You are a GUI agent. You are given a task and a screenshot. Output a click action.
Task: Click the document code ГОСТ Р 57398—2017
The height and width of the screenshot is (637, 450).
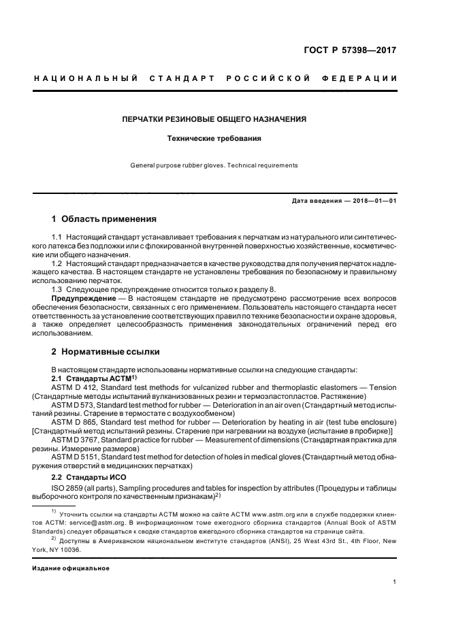[x=353, y=50]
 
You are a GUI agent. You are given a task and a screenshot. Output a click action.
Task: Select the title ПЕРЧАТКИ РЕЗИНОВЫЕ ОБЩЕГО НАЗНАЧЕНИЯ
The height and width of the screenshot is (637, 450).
[x=214, y=119]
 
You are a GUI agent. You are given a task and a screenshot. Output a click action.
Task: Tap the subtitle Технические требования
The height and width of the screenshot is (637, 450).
[x=214, y=138]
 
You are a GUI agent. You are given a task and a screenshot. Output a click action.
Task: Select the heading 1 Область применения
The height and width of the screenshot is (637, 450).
[x=104, y=219]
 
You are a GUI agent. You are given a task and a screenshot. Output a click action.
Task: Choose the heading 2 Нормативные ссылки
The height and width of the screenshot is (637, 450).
[x=106, y=352]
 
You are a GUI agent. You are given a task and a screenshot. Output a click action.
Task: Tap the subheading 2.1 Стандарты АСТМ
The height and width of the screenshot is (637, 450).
[x=93, y=377]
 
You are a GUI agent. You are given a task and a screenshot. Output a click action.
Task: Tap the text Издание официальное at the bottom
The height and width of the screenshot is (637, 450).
[x=71, y=568]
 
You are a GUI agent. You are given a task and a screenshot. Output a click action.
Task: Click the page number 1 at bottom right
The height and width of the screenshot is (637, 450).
[x=395, y=582]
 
